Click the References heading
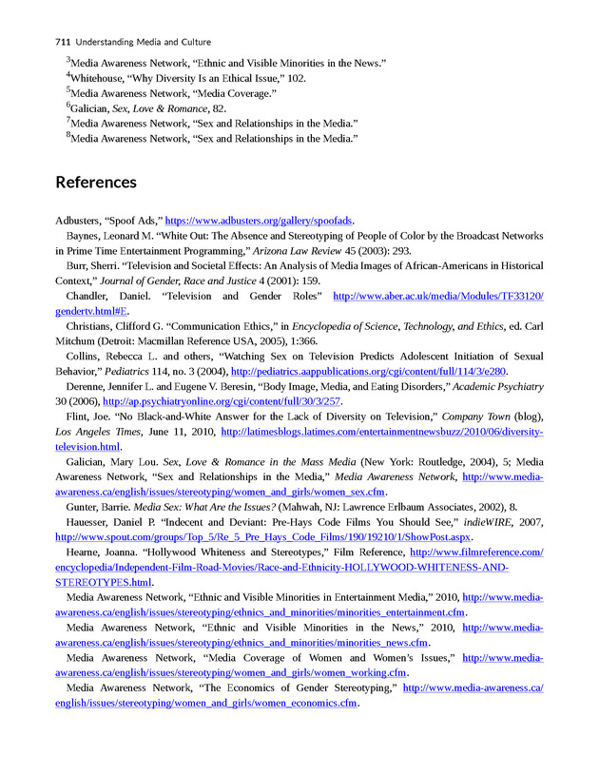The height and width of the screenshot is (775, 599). pos(96,182)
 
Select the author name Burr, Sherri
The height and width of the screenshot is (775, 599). pos(93,266)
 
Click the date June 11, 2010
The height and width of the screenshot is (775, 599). pos(178,431)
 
